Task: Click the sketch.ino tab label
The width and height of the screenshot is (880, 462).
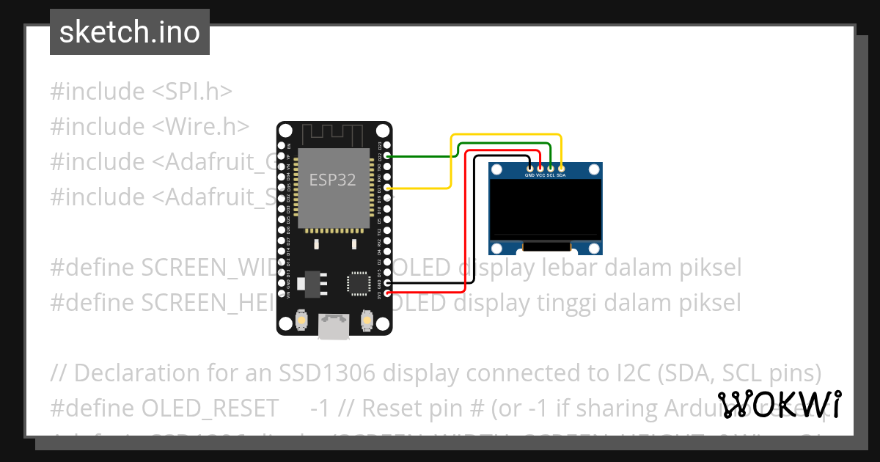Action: (130, 32)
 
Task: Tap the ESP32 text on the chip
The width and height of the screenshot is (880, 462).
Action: (332, 180)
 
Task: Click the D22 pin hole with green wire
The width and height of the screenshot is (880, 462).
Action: (387, 156)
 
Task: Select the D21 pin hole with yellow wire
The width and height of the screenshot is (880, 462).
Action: (387, 188)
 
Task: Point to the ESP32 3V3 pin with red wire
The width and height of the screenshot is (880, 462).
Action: (387, 293)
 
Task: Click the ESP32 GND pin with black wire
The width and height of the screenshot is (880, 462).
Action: (387, 283)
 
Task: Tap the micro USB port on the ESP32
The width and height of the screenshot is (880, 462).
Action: (334, 327)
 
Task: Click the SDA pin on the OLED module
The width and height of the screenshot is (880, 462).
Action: (561, 169)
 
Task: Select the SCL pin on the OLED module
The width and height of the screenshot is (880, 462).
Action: (550, 169)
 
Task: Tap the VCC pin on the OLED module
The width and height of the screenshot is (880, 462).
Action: (540, 169)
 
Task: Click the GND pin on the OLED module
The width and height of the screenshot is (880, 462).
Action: (529, 169)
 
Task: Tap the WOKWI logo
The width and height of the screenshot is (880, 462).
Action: (779, 405)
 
